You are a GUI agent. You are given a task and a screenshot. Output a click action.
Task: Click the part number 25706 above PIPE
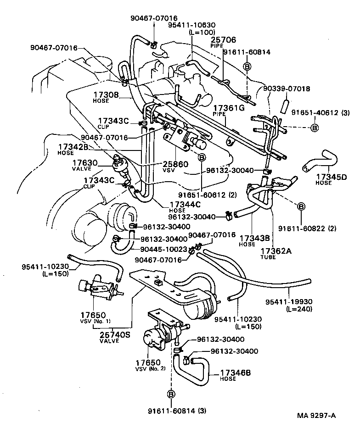223,40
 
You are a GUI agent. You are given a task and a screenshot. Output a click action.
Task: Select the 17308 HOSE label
107,97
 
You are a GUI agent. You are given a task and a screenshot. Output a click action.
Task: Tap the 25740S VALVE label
115,338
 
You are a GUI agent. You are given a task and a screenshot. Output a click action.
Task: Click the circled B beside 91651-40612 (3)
315,128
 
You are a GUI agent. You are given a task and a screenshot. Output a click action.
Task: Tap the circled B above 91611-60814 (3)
171,394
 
